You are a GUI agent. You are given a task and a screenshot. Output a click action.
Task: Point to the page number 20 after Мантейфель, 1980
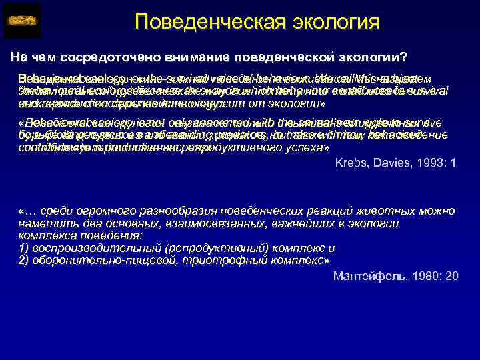tap(452, 275)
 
